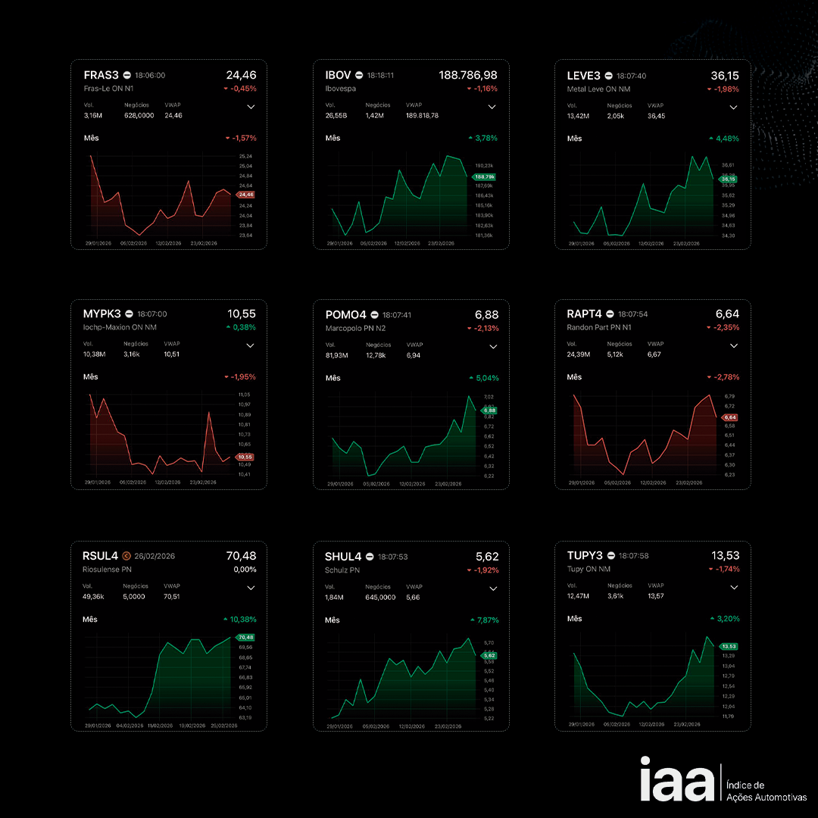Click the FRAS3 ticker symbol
click(x=101, y=75)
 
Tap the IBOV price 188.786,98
click(x=468, y=75)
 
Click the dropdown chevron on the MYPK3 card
click(x=251, y=345)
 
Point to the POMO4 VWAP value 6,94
click(x=414, y=355)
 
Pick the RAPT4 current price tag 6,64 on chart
click(x=730, y=417)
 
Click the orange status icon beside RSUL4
click(x=126, y=556)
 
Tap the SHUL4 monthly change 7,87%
click(x=487, y=620)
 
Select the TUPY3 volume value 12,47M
click(x=579, y=596)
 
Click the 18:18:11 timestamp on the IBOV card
click(x=380, y=76)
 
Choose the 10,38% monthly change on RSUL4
click(x=242, y=619)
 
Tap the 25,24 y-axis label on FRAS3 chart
click(x=245, y=156)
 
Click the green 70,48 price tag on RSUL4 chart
click(x=245, y=638)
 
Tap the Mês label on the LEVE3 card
click(x=575, y=139)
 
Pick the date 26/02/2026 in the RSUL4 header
click(x=155, y=556)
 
